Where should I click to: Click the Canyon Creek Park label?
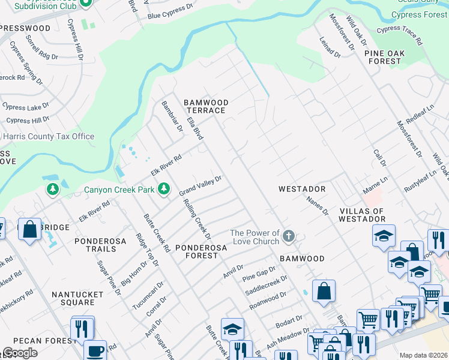click(119, 190)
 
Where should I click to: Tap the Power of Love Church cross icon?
click(289, 236)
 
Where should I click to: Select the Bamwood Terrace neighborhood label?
click(205, 107)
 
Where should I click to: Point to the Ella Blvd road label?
click(195, 129)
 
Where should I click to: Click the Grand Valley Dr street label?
click(200, 185)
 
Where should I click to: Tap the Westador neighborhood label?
click(302, 189)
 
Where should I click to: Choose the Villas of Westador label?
click(362, 215)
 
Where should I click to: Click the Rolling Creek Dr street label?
click(197, 216)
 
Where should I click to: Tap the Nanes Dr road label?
click(318, 206)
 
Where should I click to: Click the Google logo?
click(20, 353)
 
